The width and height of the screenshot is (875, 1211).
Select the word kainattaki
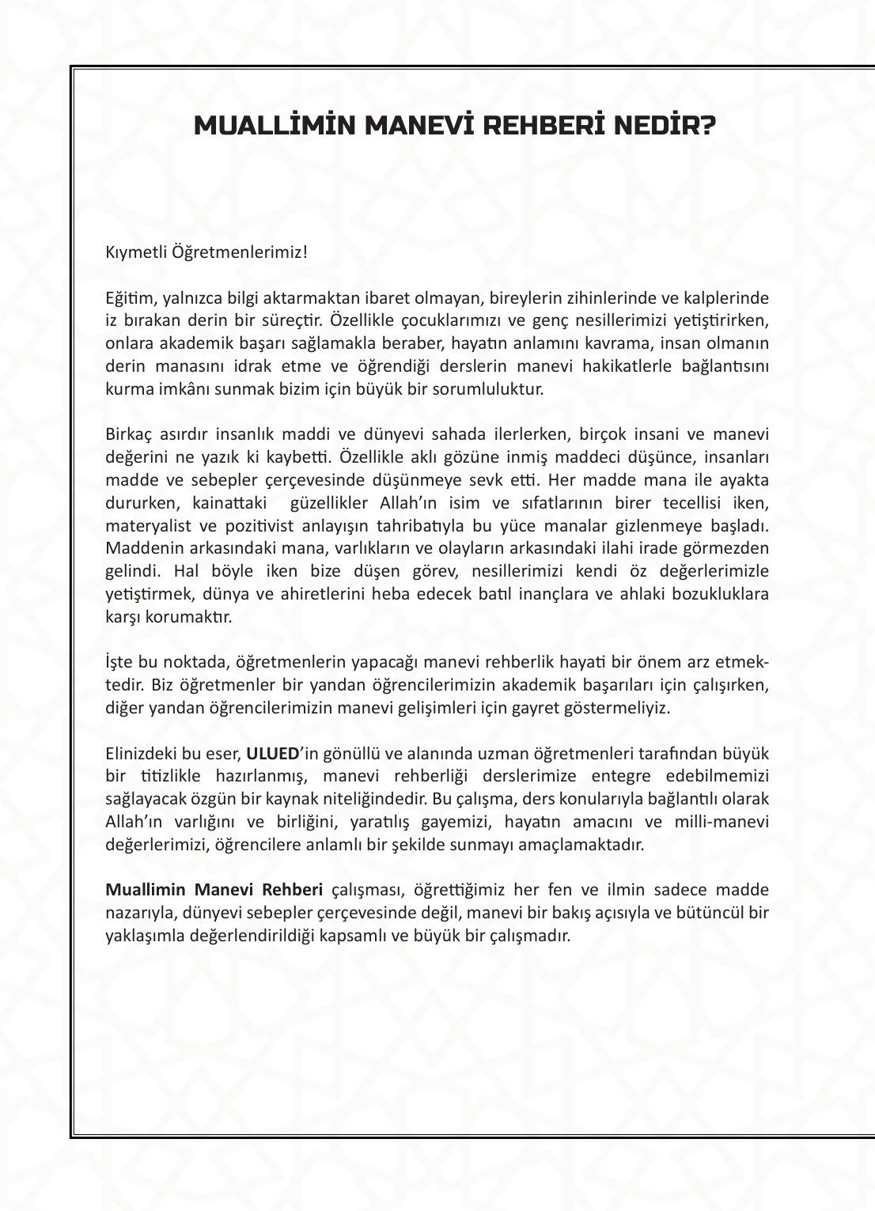(x=229, y=503)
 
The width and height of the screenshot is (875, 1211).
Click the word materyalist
(x=145, y=526)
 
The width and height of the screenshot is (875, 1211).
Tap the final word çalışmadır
(x=532, y=935)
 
